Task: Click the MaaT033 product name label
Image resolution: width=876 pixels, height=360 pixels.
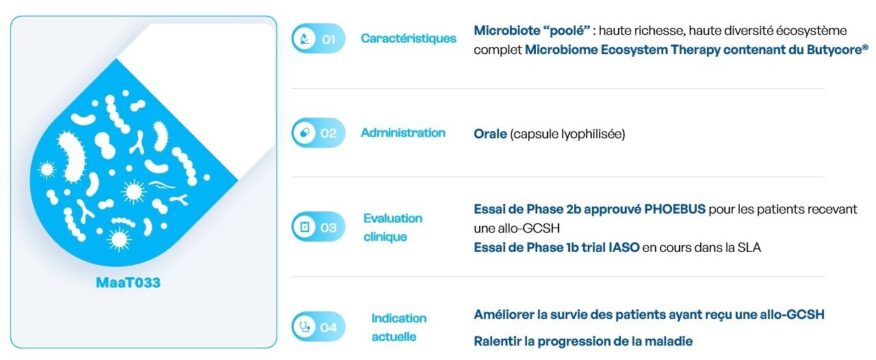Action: [x=128, y=283]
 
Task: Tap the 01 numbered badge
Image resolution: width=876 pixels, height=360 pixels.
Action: [x=318, y=38]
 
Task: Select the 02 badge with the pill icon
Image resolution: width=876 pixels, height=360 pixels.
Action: [x=318, y=133]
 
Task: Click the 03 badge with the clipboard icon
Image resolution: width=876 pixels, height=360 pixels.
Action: [x=318, y=227]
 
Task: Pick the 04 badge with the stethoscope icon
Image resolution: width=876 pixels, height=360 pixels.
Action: [x=318, y=326]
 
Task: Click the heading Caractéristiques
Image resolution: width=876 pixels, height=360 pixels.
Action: [x=409, y=38]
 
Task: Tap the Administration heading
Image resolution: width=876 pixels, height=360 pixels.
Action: [x=403, y=133]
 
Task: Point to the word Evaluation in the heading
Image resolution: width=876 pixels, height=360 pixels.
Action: [x=393, y=218]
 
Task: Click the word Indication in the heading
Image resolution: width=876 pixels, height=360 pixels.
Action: [x=399, y=318]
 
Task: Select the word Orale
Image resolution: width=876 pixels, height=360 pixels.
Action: [x=490, y=134]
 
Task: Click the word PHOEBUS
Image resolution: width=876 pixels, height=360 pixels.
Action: [x=675, y=209]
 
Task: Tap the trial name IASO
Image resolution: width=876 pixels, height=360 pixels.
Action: [x=623, y=247]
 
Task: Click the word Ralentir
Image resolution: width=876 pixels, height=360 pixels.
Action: [x=497, y=342]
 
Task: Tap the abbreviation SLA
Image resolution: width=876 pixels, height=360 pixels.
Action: [x=749, y=247]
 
